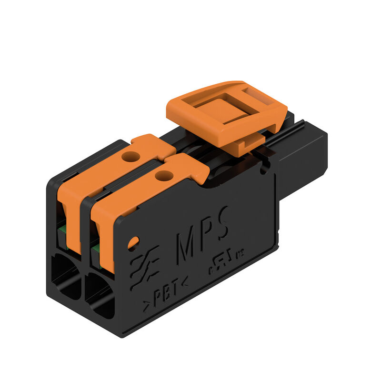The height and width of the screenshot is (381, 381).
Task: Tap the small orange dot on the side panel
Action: [133, 243]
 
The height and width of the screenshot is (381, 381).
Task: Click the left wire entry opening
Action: [66, 274]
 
